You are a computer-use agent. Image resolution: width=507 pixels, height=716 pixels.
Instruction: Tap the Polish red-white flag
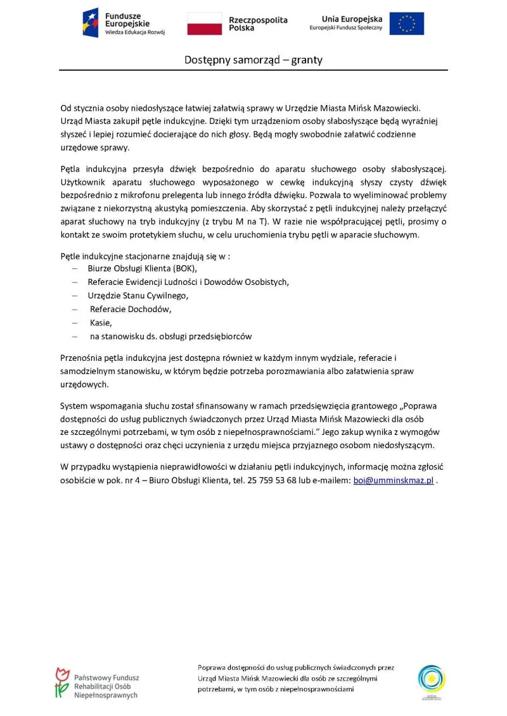(x=204, y=23)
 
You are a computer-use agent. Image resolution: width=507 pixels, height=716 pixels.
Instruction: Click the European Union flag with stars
(x=407, y=23)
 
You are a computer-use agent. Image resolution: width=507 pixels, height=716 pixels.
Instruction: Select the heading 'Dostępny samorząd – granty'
(x=253, y=60)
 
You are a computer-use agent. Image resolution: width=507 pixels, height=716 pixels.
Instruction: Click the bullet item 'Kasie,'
(x=101, y=323)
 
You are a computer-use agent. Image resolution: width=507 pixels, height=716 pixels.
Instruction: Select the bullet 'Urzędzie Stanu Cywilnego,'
(x=138, y=296)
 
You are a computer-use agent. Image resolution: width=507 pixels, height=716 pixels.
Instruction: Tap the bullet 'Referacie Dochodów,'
(x=131, y=310)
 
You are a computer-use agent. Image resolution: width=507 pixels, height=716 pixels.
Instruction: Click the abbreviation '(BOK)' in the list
(x=185, y=268)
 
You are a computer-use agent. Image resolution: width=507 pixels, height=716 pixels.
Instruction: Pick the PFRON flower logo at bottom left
(x=61, y=682)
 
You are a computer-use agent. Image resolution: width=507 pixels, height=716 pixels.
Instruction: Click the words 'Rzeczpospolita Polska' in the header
(x=257, y=24)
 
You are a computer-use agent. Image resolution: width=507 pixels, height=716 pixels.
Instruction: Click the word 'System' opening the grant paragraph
(x=75, y=405)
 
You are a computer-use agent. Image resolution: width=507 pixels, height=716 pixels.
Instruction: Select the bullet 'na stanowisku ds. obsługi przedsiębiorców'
(x=171, y=336)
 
